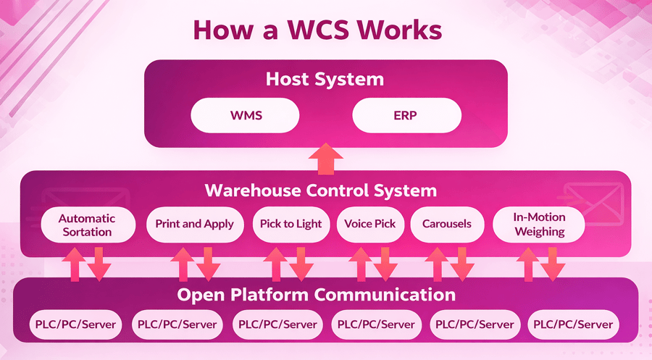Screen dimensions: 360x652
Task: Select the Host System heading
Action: [325, 78]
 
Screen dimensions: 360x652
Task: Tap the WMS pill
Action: [245, 115]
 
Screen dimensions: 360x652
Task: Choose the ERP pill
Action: [406, 115]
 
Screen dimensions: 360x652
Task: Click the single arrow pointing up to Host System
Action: [326, 158]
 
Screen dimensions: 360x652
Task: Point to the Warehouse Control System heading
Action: [321, 191]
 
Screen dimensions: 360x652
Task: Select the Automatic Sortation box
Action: [87, 225]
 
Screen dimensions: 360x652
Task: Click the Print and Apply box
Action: [194, 224]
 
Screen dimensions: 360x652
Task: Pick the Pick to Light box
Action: [291, 224]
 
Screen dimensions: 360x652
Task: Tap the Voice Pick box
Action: [370, 224]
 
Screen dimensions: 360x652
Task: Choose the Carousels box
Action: [447, 224]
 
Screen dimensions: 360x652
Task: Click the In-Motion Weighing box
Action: [539, 224]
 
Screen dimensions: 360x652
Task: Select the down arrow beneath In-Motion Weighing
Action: [553, 264]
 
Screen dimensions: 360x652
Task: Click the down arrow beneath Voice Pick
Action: [385, 264]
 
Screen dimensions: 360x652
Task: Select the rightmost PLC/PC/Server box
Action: [574, 325]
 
